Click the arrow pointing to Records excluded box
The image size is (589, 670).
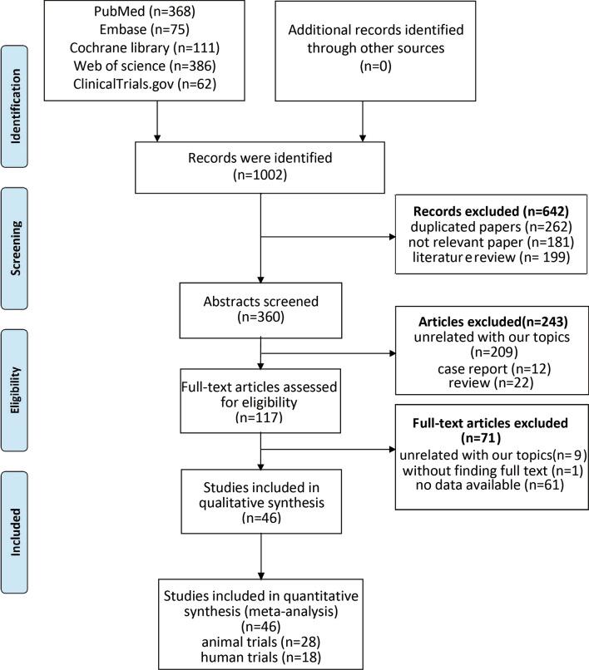click(x=391, y=238)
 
